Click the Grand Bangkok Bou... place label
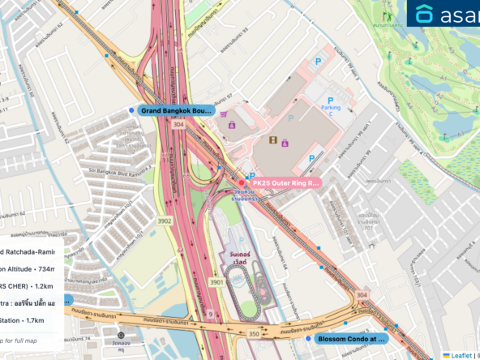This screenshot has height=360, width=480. tap(176, 110)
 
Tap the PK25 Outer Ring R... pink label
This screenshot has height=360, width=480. tap(285, 183)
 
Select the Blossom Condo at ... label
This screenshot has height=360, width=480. tap(353, 339)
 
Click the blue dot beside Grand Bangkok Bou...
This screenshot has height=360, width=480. tap(131, 110)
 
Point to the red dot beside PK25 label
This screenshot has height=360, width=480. tap(242, 183)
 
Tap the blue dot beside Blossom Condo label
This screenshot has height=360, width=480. tap(308, 339)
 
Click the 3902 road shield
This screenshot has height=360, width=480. tap(165, 221)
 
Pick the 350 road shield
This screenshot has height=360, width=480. tap(253, 333)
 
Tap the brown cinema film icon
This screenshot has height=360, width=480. tap(274, 140)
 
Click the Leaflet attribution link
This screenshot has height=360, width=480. tap(462, 355)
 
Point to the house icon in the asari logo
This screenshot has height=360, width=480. tap(424, 14)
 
